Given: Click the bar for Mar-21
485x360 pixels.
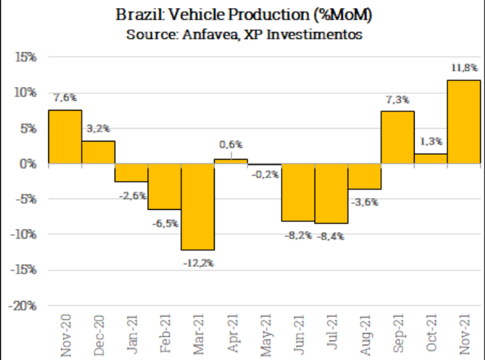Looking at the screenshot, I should tap(198, 206).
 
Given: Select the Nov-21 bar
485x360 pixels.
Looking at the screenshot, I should tap(464, 122).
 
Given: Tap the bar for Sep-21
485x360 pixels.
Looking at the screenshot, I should tap(397, 137).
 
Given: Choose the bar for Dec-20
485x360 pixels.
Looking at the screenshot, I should tap(99, 152).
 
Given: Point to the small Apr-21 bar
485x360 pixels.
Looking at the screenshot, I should tap(231, 161).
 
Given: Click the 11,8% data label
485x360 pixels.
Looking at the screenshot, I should tap(464, 68).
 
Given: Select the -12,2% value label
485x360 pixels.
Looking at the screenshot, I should tap(198, 263).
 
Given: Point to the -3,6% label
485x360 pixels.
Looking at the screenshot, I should tap(364, 201).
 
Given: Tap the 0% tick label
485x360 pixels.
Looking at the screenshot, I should tap(28, 164).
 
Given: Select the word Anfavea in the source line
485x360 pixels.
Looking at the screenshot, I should tap(205, 34).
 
